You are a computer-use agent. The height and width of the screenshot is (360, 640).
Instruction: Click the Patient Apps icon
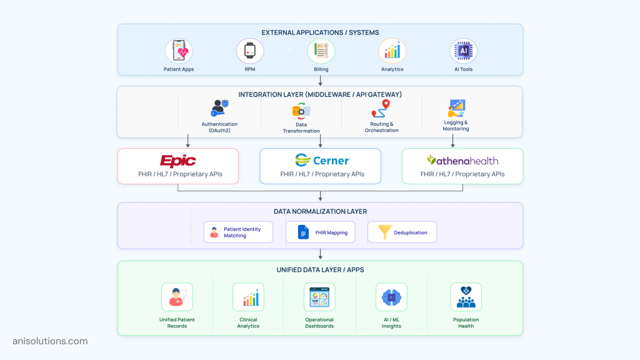pyautogui.click(x=179, y=51)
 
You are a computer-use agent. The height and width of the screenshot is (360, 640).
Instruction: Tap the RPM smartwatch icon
pyautogui.click(x=250, y=51)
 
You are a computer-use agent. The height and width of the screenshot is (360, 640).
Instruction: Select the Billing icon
pyautogui.click(x=321, y=51)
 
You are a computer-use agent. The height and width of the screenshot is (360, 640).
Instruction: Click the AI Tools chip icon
pyautogui.click(x=463, y=51)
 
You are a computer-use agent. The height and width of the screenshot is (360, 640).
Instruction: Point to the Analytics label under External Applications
pyautogui.click(x=392, y=69)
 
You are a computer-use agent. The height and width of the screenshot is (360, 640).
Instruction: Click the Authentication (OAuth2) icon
pyautogui.click(x=219, y=108)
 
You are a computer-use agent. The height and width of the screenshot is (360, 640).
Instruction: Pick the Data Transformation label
pyautogui.click(x=301, y=127)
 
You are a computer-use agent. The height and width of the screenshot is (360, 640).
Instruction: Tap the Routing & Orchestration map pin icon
pyautogui.click(x=381, y=109)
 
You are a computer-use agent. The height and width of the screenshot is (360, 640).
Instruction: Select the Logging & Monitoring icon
pyautogui.click(x=457, y=107)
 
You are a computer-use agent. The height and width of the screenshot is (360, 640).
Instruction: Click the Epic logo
pyautogui.click(x=178, y=161)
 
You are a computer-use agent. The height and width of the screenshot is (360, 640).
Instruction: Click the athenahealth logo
pyautogui.click(x=462, y=161)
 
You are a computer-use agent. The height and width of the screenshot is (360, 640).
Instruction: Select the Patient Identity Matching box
pyautogui.click(x=238, y=232)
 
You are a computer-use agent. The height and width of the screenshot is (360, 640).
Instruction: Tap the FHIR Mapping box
pyautogui.click(x=320, y=232)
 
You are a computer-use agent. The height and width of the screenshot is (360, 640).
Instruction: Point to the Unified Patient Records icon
pyautogui.click(x=177, y=297)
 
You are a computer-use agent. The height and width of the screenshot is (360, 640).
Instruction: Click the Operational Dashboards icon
pyautogui.click(x=319, y=297)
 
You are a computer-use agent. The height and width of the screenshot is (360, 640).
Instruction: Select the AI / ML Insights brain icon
pyautogui.click(x=391, y=297)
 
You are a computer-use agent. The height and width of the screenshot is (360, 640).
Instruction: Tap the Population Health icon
pyautogui.click(x=466, y=297)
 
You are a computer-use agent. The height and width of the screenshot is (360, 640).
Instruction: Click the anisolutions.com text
pyautogui.click(x=50, y=341)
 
